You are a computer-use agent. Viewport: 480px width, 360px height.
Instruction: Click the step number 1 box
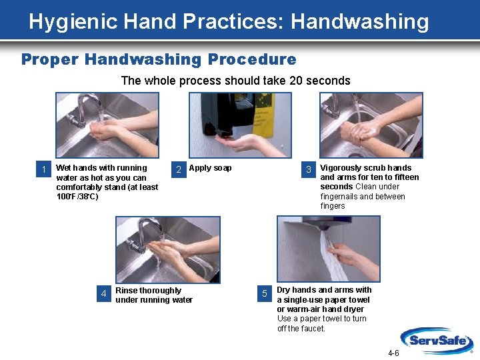[x=44, y=169]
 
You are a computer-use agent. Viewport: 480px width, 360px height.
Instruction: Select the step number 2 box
[x=178, y=169]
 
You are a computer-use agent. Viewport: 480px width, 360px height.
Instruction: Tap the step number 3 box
[x=309, y=169]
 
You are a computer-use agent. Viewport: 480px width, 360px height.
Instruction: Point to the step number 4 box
[x=103, y=293]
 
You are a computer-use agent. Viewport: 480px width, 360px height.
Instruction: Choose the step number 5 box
[x=265, y=293]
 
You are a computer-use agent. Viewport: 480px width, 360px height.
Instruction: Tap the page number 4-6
[x=393, y=353]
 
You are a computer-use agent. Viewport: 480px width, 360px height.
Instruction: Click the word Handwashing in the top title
[x=360, y=21]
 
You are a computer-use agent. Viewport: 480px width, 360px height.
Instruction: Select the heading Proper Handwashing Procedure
[x=159, y=59]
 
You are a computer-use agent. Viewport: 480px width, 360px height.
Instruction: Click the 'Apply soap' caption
[x=211, y=168]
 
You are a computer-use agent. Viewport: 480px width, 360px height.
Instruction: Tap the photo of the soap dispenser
[x=240, y=125]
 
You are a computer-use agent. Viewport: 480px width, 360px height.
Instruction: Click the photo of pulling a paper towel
[x=328, y=249]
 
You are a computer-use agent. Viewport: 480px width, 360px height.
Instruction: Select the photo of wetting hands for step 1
[x=107, y=125]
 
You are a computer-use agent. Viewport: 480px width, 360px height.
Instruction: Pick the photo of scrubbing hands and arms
[x=371, y=125]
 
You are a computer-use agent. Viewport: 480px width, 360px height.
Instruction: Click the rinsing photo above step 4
[x=167, y=249]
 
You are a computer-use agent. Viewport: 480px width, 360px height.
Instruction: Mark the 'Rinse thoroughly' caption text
[x=148, y=291]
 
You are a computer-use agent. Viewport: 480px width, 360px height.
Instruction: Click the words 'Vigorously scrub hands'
[x=366, y=168]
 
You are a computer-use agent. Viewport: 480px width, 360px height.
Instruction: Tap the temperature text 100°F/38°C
[x=77, y=197]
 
